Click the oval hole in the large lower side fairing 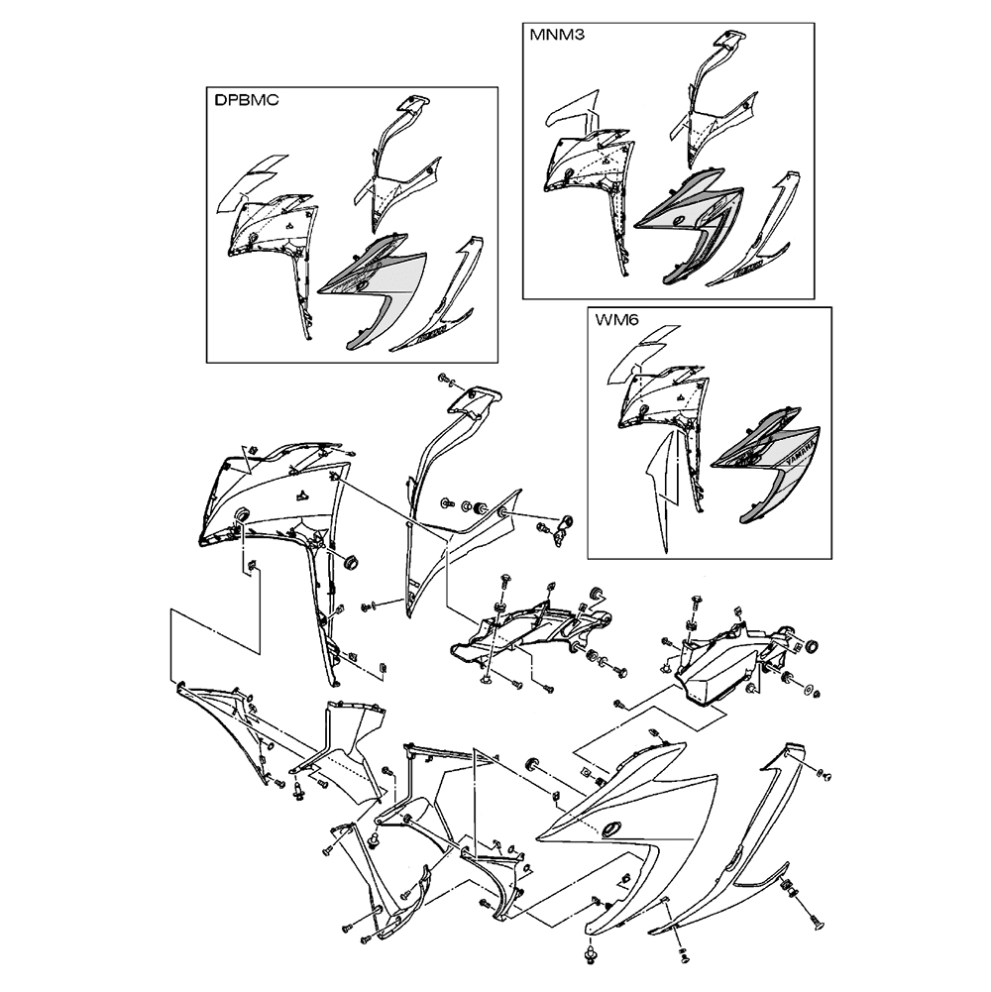point(610,828)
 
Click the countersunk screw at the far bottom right point(818,927)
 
